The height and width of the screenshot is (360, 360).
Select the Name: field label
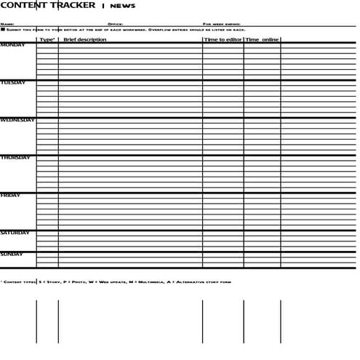(7, 24)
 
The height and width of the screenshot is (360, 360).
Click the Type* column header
(47, 39)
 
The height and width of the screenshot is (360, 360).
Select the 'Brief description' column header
(84, 39)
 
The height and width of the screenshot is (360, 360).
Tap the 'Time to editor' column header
(223, 39)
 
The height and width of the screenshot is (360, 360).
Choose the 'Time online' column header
(262, 39)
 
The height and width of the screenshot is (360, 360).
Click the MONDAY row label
(12, 45)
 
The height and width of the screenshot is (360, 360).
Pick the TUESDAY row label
(13, 83)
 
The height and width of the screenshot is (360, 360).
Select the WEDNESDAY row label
(17, 120)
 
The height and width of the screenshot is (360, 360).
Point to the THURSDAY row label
(15, 158)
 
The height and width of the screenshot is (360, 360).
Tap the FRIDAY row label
(10, 196)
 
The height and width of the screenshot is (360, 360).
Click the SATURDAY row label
(15, 233)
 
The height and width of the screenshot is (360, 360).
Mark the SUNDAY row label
(12, 255)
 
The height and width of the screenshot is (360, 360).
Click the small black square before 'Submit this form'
(3, 30)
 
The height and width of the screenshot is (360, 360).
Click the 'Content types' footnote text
(18, 281)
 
